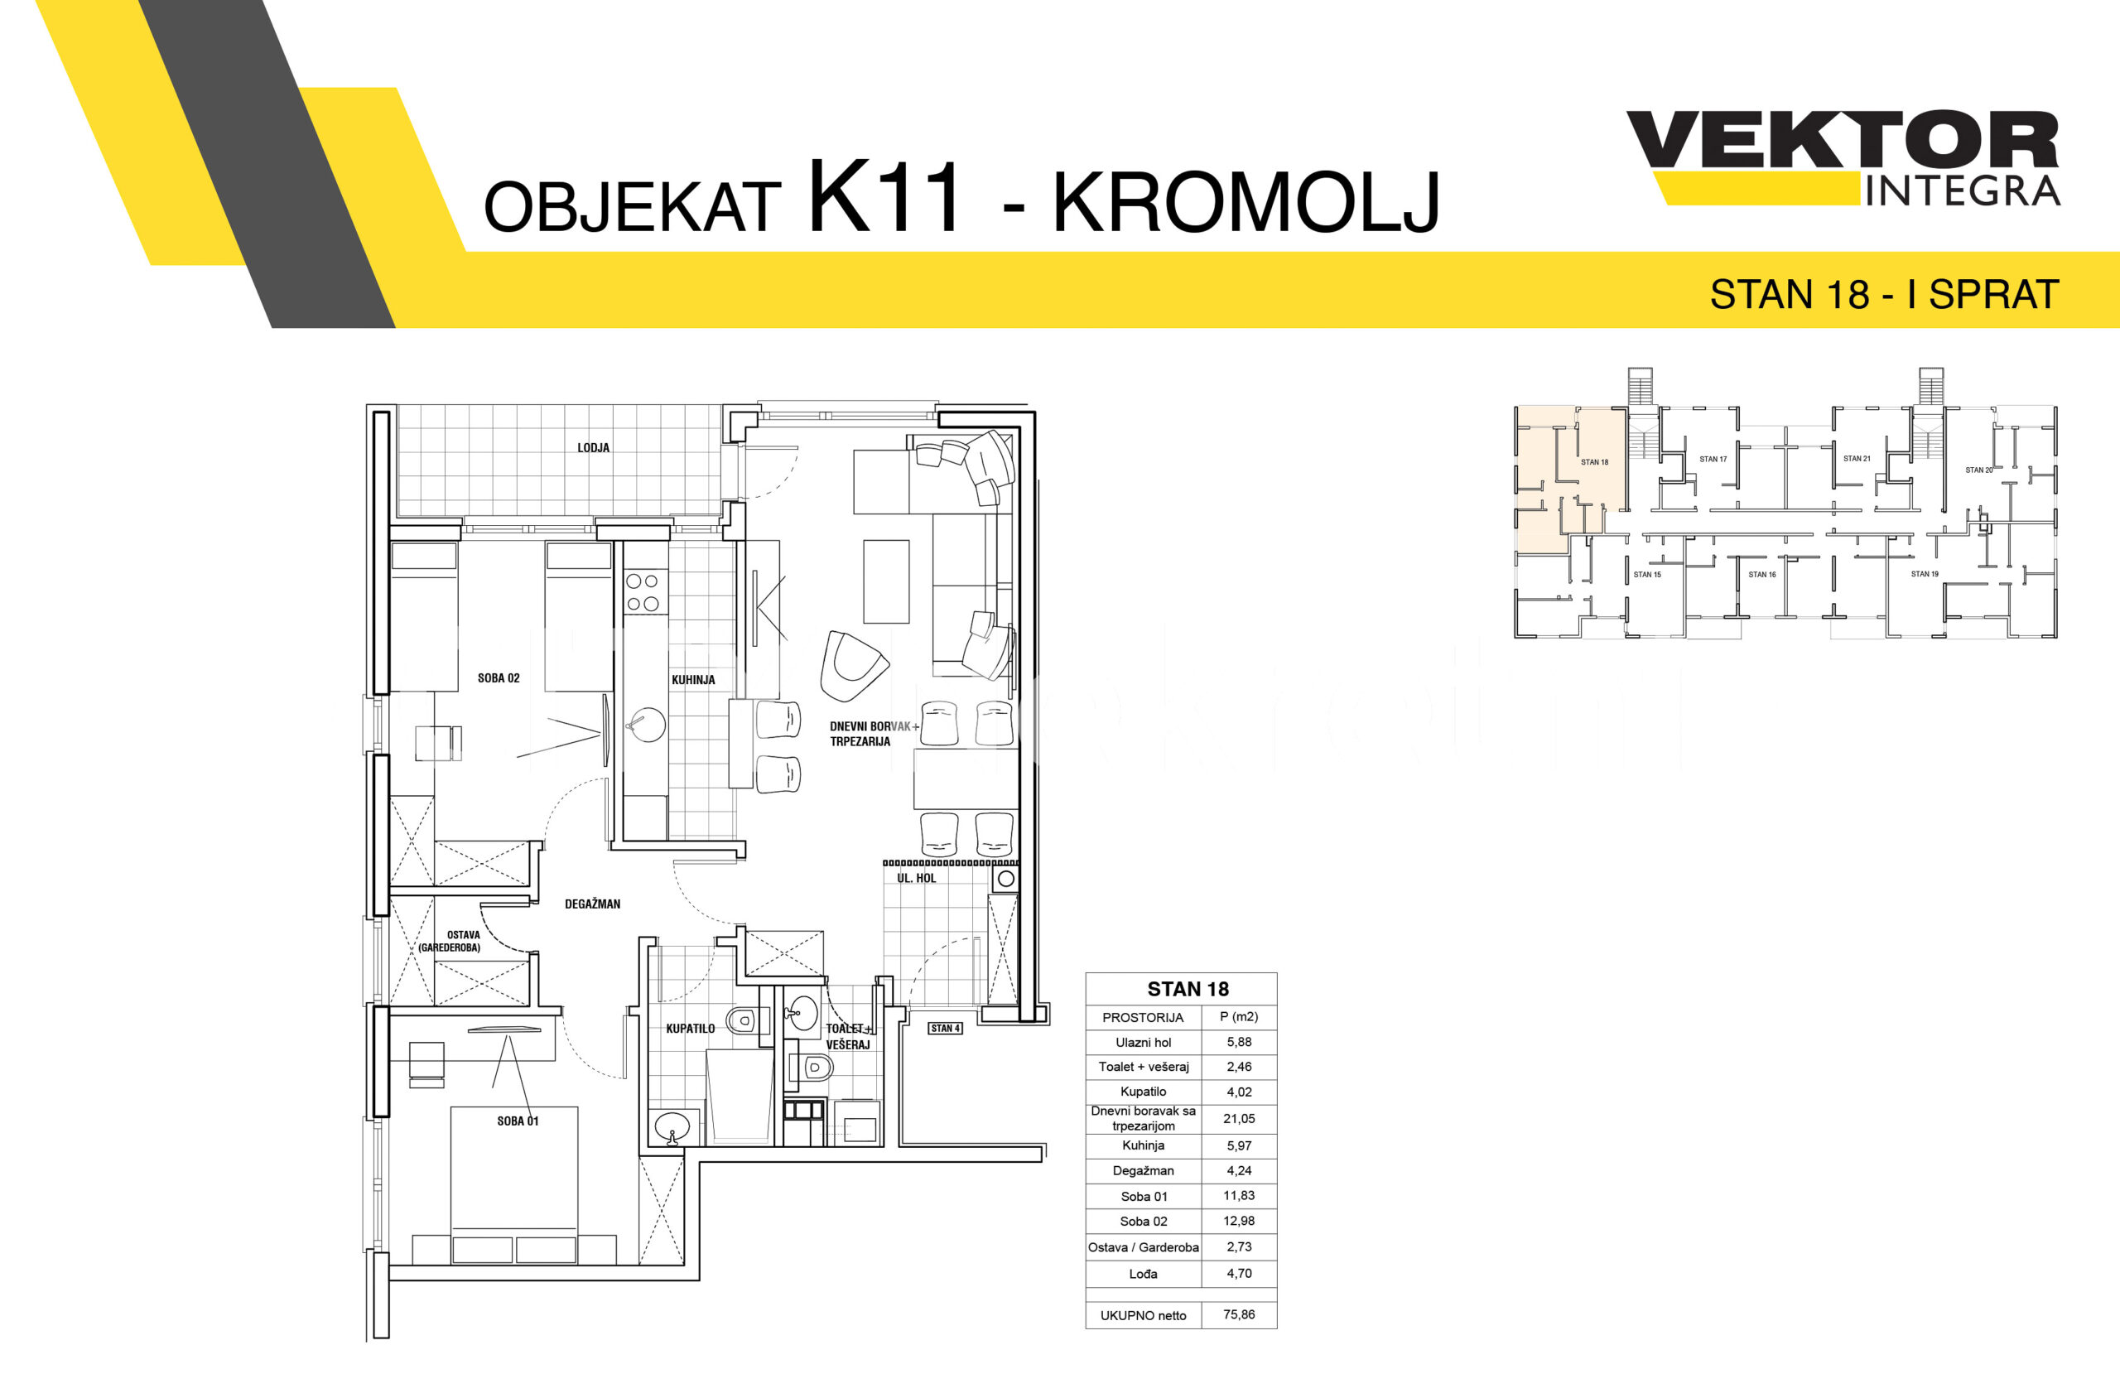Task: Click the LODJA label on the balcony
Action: pyautogui.click(x=593, y=447)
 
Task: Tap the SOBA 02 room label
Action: pyautogui.click(x=499, y=678)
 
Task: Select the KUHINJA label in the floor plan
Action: pyautogui.click(x=692, y=679)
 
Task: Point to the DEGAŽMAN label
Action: pyautogui.click(x=592, y=904)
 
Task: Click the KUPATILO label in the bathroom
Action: pyautogui.click(x=690, y=1029)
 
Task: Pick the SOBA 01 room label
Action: pyautogui.click(x=518, y=1121)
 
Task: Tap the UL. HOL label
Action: pyautogui.click(x=917, y=878)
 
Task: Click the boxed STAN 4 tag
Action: pyautogui.click(x=945, y=1028)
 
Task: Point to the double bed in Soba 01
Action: pyautogui.click(x=514, y=1185)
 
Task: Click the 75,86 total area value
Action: pyautogui.click(x=1239, y=1314)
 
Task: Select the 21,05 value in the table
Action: pyautogui.click(x=1239, y=1118)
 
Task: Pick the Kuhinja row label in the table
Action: pyautogui.click(x=1143, y=1145)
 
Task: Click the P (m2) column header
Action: pyautogui.click(x=1239, y=1016)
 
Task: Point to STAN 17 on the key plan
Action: pyautogui.click(x=1713, y=459)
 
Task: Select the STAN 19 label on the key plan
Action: pyautogui.click(x=1924, y=574)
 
